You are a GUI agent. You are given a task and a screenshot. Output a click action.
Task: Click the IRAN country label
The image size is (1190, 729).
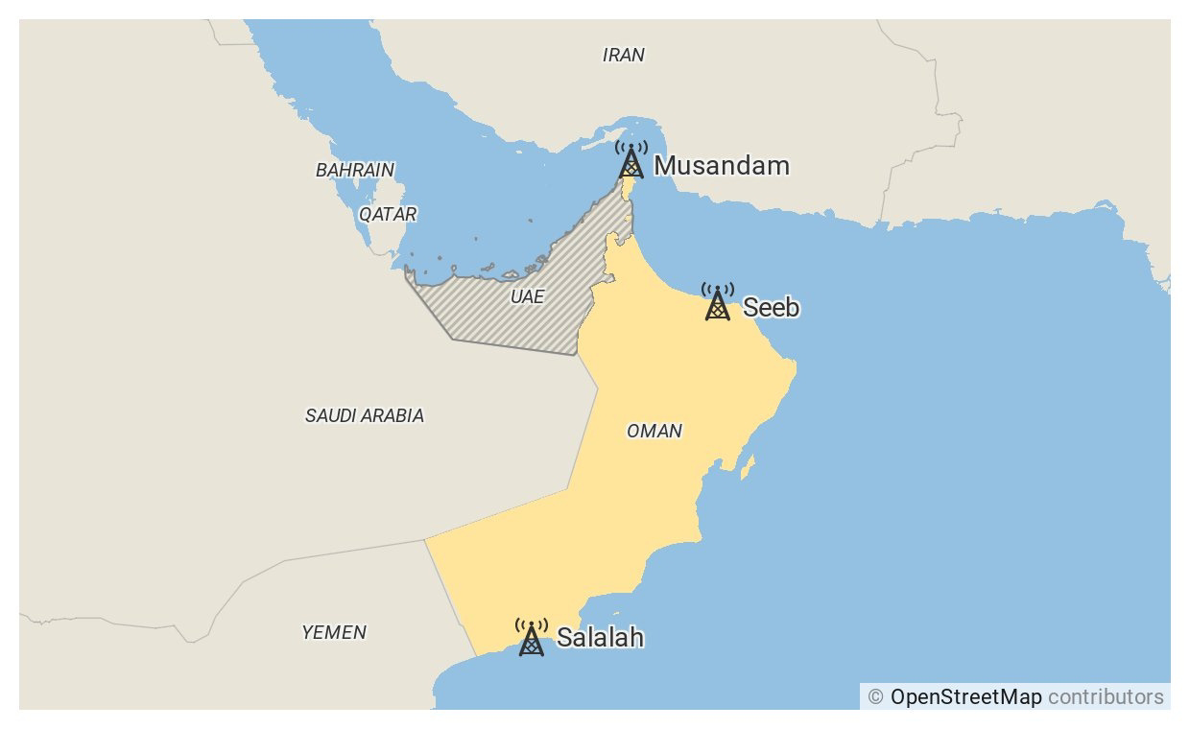click(623, 56)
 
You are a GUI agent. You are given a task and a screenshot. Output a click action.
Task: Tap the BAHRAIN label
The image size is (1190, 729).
click(354, 171)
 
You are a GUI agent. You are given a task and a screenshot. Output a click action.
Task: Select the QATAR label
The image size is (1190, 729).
click(388, 214)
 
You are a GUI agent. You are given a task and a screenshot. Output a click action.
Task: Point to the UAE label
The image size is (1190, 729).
click(527, 297)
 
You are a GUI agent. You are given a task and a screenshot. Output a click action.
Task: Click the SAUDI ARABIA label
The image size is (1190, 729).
click(364, 416)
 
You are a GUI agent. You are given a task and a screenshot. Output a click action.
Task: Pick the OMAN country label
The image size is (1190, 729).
click(654, 432)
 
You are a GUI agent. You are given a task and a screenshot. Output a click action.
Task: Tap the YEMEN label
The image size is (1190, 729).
click(333, 633)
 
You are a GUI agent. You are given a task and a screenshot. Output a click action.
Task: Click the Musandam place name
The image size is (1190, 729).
click(722, 166)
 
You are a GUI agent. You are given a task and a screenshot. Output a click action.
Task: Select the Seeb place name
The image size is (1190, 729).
click(771, 308)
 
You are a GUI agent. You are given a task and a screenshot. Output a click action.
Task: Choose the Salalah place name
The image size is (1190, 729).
click(600, 638)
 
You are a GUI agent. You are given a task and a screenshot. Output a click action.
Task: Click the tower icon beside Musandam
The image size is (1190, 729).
click(631, 160)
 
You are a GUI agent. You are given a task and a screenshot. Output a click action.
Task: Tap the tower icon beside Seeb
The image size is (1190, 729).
click(717, 302)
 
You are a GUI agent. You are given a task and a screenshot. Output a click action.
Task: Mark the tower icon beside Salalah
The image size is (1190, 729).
click(531, 638)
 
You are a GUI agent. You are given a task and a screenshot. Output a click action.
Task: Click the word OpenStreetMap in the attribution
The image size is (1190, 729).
click(965, 697)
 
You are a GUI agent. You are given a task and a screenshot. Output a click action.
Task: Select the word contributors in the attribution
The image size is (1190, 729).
click(1106, 697)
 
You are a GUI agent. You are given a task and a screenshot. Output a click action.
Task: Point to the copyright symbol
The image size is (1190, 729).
click(875, 697)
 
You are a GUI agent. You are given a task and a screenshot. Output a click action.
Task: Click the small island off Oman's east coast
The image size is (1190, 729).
click(748, 467)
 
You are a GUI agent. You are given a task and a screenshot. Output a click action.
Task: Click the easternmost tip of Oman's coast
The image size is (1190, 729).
click(796, 367)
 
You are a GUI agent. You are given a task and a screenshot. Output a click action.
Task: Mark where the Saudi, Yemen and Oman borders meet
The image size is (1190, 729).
click(424, 540)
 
